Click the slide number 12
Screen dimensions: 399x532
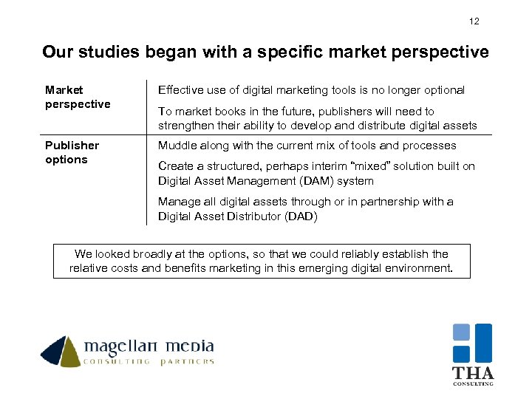(474, 21)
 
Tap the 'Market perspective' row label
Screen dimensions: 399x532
(77, 97)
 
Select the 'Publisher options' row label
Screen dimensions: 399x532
(72, 152)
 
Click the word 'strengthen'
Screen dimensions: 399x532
(185, 126)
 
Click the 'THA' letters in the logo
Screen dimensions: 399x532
(473, 373)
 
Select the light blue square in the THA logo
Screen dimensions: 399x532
(462, 332)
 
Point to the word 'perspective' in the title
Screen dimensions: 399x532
(441, 52)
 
